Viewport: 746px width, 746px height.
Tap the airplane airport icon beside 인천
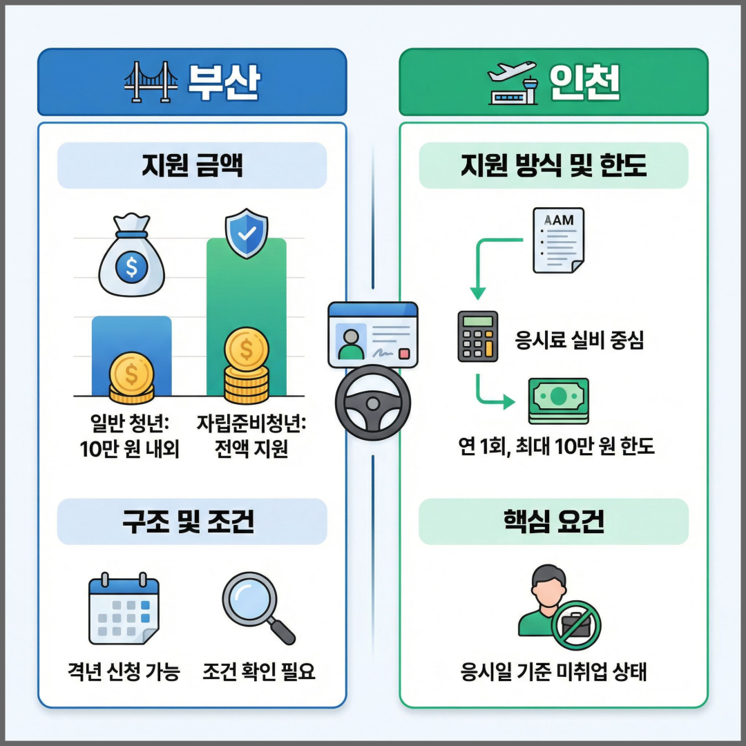(512, 82)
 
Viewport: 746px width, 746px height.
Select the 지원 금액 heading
(191, 166)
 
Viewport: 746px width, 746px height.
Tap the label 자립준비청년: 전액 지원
(251, 437)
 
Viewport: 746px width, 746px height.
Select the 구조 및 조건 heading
(191, 522)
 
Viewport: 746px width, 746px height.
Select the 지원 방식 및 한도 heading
(554, 166)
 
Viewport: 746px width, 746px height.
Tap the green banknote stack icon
(558, 400)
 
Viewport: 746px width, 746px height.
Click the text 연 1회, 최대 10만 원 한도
(557, 446)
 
